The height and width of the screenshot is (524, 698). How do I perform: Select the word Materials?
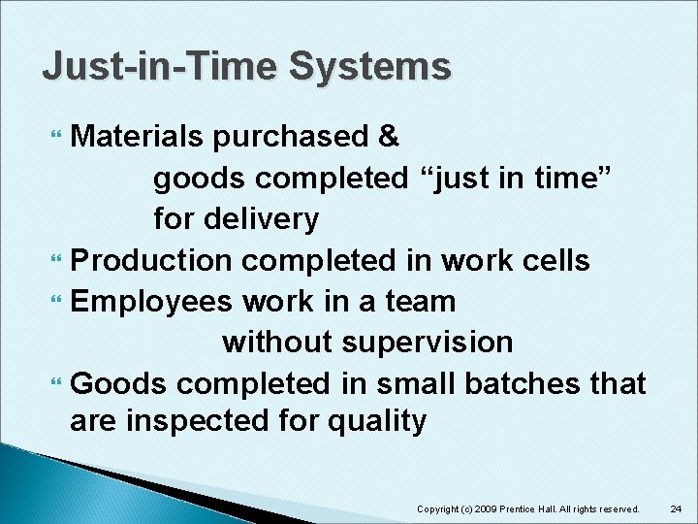click(138, 137)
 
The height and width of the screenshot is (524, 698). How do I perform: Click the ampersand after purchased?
click(389, 137)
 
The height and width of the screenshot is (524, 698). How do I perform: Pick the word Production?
click(152, 261)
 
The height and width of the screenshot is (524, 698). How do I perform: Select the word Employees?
click(152, 302)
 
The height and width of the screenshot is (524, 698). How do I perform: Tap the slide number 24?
click(677, 508)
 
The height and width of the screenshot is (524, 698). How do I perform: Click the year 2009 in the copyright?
click(478, 508)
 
